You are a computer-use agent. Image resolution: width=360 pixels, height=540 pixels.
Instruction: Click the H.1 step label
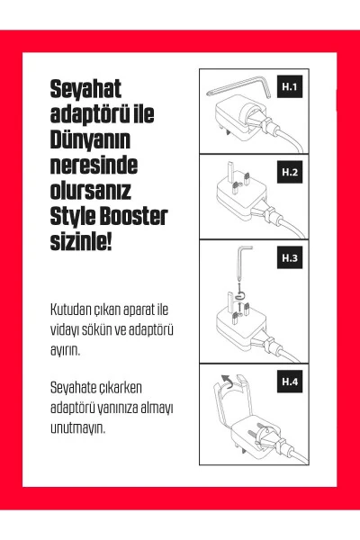pyautogui.click(x=290, y=87)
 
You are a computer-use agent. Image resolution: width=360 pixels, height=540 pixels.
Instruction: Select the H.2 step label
pyautogui.click(x=290, y=171)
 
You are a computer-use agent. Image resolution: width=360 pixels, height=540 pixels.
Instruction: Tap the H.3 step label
pyautogui.click(x=290, y=258)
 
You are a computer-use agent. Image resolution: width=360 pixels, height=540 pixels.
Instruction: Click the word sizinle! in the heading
pyautogui.click(x=80, y=243)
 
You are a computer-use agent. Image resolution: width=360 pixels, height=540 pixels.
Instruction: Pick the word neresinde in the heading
pyautogui.click(x=94, y=166)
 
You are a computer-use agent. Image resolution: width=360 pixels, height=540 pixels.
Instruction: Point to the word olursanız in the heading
pyautogui.click(x=91, y=192)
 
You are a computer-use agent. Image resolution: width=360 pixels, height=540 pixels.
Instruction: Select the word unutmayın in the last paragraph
pyautogui.click(x=78, y=427)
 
